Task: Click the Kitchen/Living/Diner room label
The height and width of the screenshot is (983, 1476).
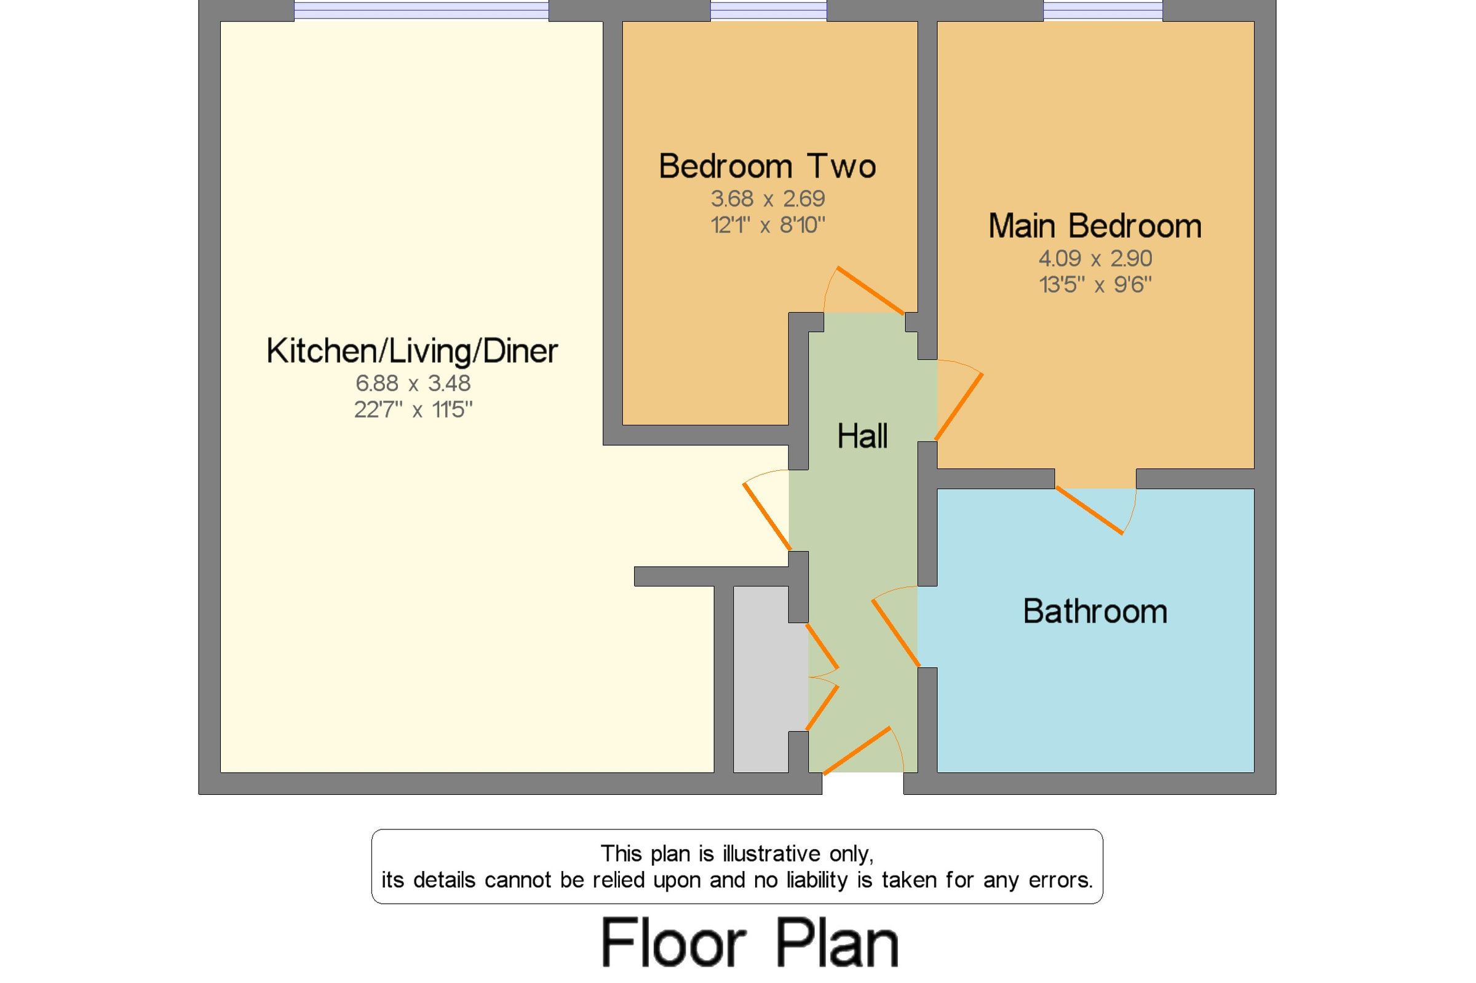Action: (x=412, y=351)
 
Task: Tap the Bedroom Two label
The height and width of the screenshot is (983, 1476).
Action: (x=767, y=167)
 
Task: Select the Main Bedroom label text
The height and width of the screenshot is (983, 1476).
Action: (x=1095, y=226)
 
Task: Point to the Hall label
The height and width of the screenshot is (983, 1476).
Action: (x=862, y=436)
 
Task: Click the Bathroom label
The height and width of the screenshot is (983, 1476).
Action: (x=1095, y=611)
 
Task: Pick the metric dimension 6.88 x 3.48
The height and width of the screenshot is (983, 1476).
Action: (x=413, y=383)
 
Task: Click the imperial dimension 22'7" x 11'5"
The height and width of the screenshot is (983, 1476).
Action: (x=413, y=410)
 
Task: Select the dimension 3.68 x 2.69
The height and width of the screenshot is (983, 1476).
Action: (x=768, y=199)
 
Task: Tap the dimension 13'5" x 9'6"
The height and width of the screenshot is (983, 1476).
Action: (x=1095, y=285)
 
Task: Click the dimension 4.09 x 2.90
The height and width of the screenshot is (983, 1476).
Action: (x=1095, y=258)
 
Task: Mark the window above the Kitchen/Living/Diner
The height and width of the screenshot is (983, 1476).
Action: (x=421, y=10)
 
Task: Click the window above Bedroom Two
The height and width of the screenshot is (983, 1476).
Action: (x=768, y=10)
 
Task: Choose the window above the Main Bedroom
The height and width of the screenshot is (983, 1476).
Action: (x=1102, y=10)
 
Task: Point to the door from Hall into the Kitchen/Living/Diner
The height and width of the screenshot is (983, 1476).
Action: (x=767, y=515)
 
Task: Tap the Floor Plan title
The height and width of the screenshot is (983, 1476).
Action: (x=750, y=943)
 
